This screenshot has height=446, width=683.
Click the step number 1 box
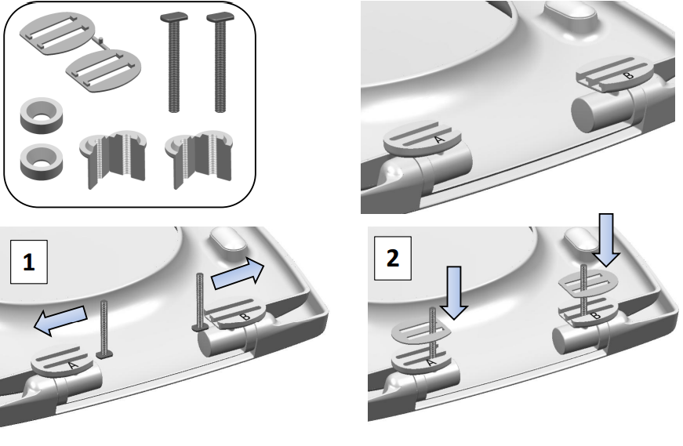tap(28, 262)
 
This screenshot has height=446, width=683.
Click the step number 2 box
tap(392, 259)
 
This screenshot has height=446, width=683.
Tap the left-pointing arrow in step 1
tap(60, 321)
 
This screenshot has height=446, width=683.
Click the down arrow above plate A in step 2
tap(454, 292)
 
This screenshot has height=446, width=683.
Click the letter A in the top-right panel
tap(439, 140)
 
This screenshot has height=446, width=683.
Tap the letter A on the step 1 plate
tap(73, 365)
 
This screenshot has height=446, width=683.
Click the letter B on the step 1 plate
tap(245, 317)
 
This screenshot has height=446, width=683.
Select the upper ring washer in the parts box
tap(42, 114)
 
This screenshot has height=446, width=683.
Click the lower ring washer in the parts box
tap(42, 161)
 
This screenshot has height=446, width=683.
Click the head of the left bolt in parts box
tap(174, 17)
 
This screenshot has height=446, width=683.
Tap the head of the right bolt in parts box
tap(220, 17)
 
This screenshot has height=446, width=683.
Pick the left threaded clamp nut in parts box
tap(113, 158)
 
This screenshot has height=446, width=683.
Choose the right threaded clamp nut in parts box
tap(198, 158)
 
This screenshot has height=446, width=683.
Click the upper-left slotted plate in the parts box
tap(57, 34)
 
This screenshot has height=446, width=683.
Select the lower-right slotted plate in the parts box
tap(104, 71)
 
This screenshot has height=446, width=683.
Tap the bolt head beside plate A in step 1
tap(104, 355)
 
